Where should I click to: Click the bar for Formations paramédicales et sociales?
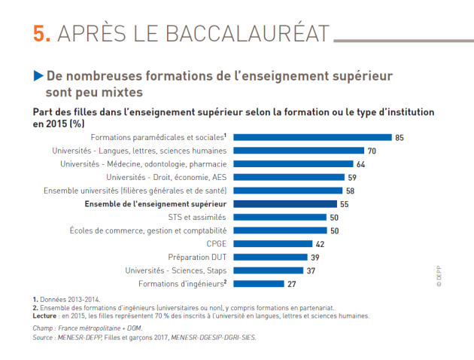(312, 138)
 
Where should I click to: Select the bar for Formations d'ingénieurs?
(259, 284)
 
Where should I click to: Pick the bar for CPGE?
(272, 244)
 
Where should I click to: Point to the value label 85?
(400, 138)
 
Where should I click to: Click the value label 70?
(372, 151)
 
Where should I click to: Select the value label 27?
(292, 284)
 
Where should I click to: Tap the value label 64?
(360, 164)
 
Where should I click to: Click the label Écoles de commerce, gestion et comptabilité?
(147, 230)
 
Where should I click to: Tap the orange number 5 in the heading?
(42, 34)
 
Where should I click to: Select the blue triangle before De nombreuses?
(38, 76)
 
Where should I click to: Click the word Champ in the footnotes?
(44, 329)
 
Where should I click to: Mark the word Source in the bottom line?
(45, 337)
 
